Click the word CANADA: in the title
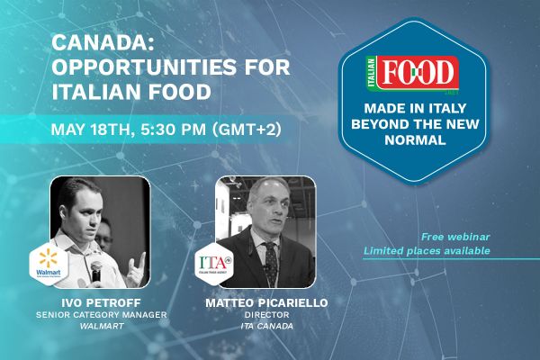point(93,43)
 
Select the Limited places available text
point(427,250)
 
